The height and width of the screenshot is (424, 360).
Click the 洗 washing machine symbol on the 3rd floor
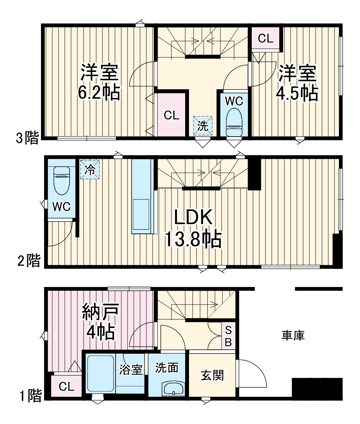tap(202, 126)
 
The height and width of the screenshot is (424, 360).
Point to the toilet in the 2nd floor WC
tap(61, 181)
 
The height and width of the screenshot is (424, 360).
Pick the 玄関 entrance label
tap(212, 375)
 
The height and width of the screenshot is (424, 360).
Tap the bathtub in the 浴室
tap(100, 374)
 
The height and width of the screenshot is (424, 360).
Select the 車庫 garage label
tap(293, 336)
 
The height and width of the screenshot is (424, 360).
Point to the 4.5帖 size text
tap(297, 93)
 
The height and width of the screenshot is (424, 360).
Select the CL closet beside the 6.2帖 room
tap(172, 115)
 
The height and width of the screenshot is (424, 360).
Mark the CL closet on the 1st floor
tap(66, 386)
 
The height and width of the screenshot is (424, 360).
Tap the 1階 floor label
tap(29, 396)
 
